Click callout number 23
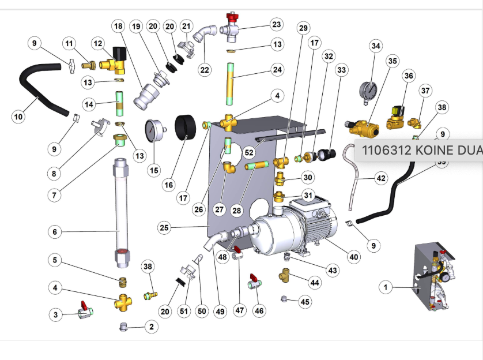277,24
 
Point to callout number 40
352,257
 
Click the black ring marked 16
187,126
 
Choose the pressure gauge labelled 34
367,91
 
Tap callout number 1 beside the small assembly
386,286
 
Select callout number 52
249,153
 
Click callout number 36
409,76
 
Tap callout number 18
118,27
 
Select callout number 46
259,310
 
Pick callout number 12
98,43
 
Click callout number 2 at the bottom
151,327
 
